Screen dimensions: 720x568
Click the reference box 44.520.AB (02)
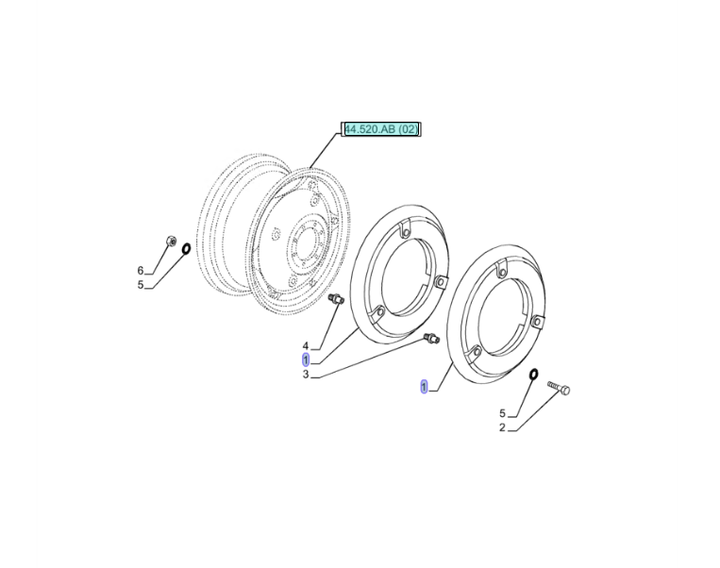tap(380, 129)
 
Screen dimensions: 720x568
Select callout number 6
tap(141, 271)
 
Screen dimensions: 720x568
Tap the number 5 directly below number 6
tap(141, 285)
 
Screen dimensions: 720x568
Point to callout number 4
tap(306, 345)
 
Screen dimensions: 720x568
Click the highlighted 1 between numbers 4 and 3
tap(306, 360)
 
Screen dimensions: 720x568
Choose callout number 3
tap(306, 375)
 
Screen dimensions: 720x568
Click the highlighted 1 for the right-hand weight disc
tap(424, 387)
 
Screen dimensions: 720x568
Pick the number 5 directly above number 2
tap(502, 413)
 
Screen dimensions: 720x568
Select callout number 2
tap(502, 428)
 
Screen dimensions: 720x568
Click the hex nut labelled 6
tap(171, 241)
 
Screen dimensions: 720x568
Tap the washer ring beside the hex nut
tap(187, 248)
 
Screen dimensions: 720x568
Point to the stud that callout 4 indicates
tap(337, 298)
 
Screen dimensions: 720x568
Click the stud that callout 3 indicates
tap(431, 338)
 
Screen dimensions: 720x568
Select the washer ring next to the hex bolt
tap(533, 375)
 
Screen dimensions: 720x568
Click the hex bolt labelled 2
tap(559, 388)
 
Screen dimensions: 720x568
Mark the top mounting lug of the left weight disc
tap(405, 229)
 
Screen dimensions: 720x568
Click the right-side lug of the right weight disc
tap(537, 321)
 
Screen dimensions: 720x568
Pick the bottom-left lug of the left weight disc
tap(378, 312)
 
